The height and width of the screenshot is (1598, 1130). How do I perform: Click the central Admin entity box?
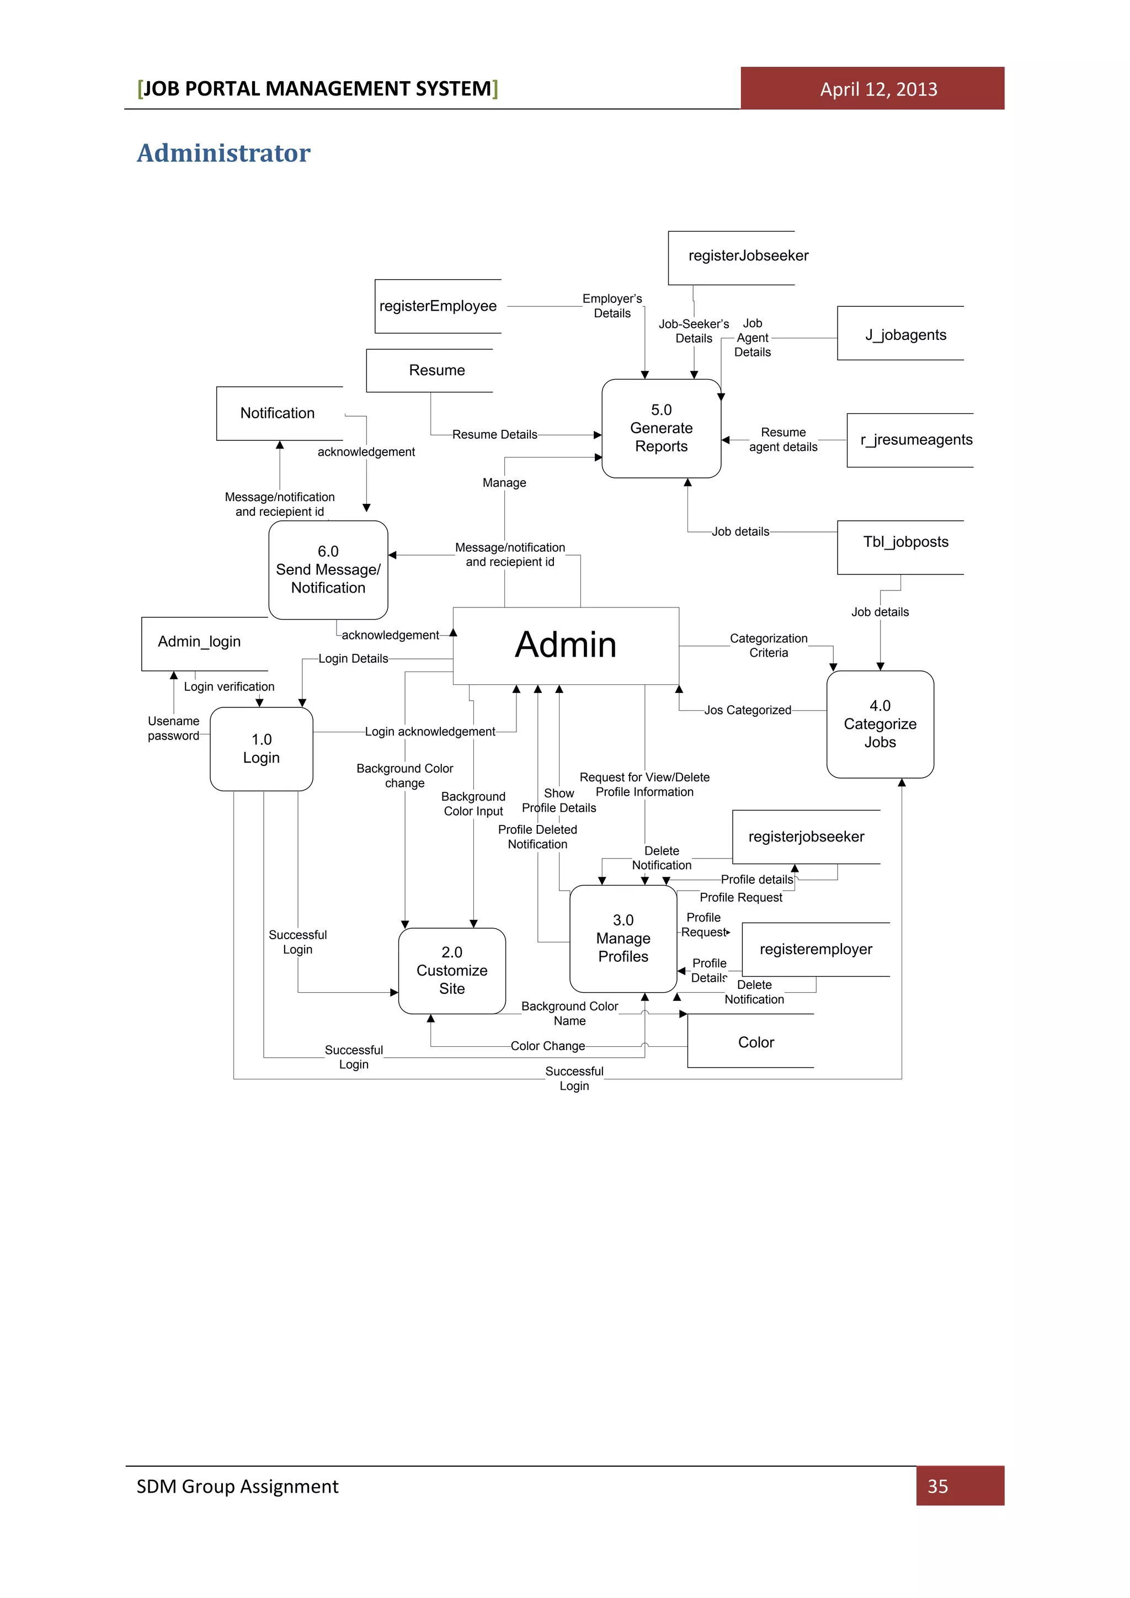pos(565,645)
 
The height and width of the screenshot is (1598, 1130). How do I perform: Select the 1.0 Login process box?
pos(261,749)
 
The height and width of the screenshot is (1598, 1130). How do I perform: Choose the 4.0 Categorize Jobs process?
pos(880,724)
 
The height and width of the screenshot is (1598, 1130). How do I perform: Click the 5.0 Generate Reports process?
pos(661,428)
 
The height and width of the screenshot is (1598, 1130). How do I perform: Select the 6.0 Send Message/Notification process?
pos(328,569)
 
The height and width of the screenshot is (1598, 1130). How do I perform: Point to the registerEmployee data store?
pos(438,306)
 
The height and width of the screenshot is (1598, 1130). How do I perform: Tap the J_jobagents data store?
pos(905,335)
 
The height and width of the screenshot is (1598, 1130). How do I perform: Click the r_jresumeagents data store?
pos(916,440)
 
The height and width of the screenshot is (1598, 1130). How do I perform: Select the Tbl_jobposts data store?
pos(905,542)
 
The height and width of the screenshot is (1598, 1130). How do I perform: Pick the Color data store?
pos(756,1042)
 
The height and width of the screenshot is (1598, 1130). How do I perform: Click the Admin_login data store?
pos(200,642)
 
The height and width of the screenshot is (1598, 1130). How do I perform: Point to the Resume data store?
pos(436,370)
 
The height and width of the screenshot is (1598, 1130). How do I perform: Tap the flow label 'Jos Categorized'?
pos(747,710)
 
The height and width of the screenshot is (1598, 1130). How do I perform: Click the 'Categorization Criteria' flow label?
pos(768,645)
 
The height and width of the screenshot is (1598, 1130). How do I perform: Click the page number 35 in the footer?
pos(937,1486)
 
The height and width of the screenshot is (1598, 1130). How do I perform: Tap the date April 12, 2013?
pos(878,89)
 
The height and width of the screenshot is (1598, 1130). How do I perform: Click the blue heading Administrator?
pos(223,153)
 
